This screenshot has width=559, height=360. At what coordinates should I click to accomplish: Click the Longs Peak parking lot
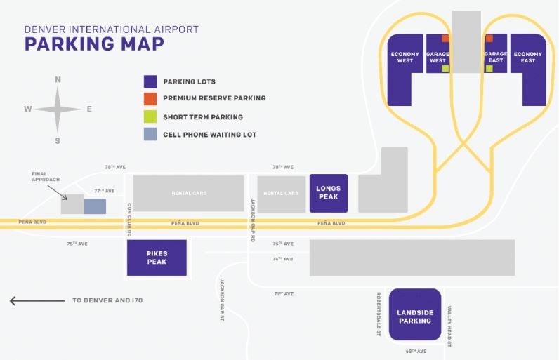pos(328,193)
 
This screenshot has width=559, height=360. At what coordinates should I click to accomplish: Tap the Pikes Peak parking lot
pos(157,258)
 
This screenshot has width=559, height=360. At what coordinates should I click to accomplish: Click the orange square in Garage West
pos(445,38)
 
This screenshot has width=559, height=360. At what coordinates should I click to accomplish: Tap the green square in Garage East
pos(489,68)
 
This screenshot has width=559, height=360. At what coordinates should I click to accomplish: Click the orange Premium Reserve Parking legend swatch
pos(150,99)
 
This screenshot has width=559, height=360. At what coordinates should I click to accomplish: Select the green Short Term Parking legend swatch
pos(150,116)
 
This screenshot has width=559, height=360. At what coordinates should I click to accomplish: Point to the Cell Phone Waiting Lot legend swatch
pos(150,135)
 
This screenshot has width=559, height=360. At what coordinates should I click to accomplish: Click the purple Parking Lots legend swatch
pos(150,81)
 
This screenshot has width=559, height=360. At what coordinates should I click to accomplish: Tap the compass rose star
pos(58,109)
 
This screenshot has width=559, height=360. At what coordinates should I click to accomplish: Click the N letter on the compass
pos(58,80)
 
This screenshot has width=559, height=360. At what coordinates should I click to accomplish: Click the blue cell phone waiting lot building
pos(95,206)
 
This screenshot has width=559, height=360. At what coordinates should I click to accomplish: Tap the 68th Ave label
pos(416,350)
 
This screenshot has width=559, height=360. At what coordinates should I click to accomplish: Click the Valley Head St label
pos(449,328)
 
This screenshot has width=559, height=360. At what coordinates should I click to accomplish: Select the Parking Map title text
pos(94,44)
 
